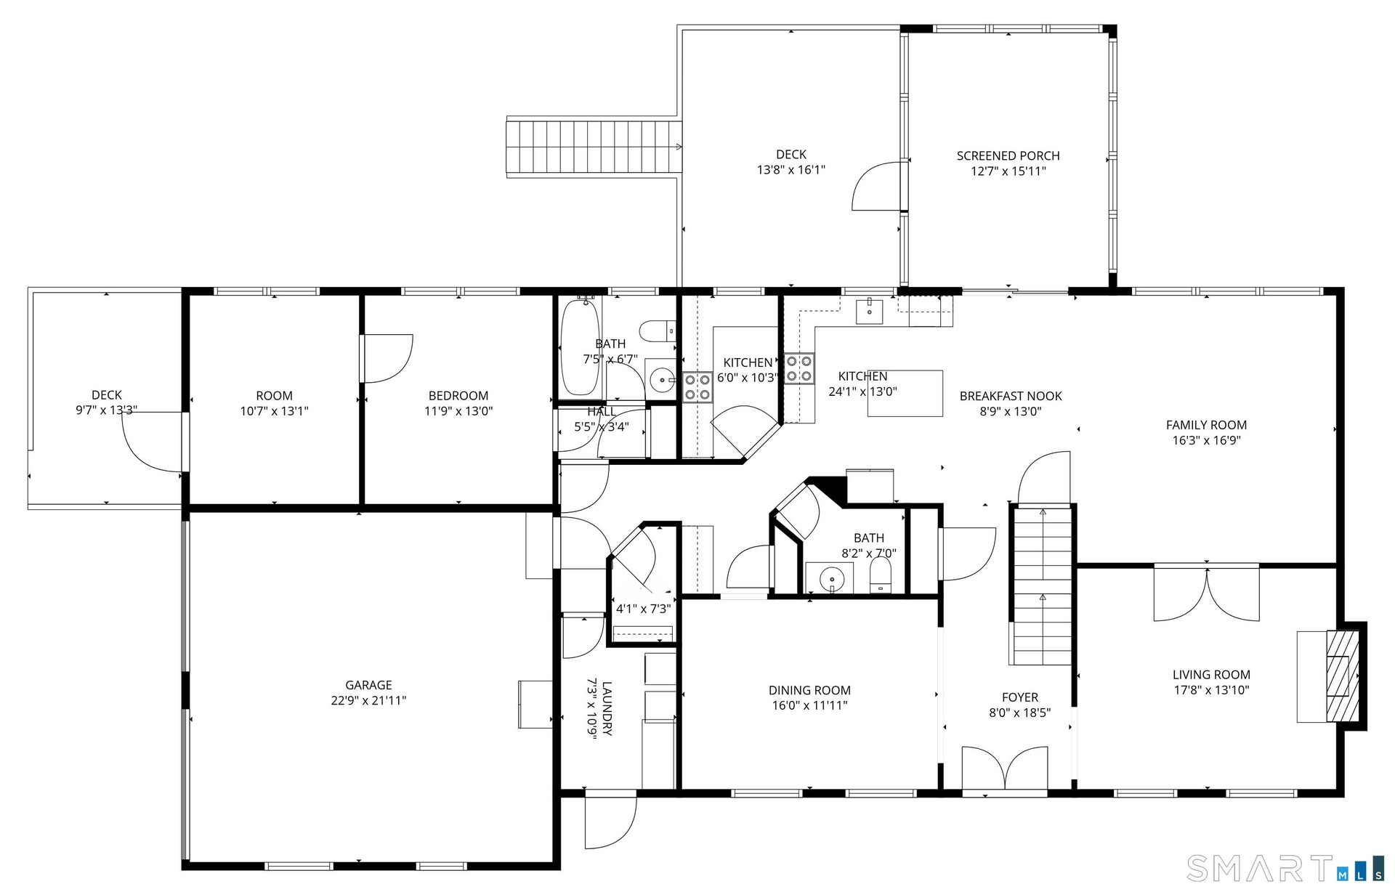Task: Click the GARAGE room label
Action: coord(368,685)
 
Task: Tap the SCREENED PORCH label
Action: coord(1008,155)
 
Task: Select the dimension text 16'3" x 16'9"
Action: coord(1206,440)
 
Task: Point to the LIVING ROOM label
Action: coord(1211,675)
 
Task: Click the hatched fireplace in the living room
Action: coord(1343,676)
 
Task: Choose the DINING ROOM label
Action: coord(809,690)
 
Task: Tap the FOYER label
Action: coord(1019,697)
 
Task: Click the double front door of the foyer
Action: coord(1005,769)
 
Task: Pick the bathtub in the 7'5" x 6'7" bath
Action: coord(580,346)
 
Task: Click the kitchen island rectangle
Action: coord(905,393)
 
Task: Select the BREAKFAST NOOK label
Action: coord(1011,396)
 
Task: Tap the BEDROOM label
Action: coord(458,396)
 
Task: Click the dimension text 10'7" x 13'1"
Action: coord(274,411)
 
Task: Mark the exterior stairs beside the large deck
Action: coord(594,147)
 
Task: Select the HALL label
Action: coord(602,412)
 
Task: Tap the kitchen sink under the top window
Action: coord(869,311)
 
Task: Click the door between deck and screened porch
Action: coord(879,186)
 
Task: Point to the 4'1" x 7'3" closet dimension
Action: coord(643,609)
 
